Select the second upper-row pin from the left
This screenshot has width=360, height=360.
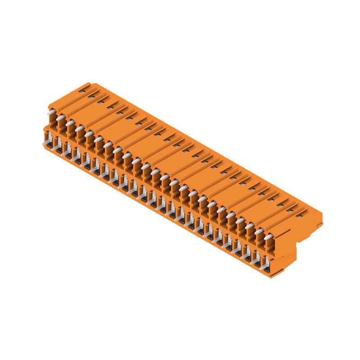point(61,117)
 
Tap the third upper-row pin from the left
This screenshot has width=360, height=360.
point(70,122)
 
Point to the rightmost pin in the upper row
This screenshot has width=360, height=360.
point(268,237)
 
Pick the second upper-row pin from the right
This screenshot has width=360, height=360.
point(259,231)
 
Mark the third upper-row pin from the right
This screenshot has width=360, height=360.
point(249,226)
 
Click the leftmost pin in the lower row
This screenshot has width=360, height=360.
point(46,143)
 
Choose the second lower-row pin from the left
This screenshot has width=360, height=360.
point(56,148)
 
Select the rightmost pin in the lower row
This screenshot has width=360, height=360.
point(263,266)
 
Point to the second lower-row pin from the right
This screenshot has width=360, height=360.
point(254,261)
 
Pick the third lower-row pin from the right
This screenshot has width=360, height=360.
point(244,256)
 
